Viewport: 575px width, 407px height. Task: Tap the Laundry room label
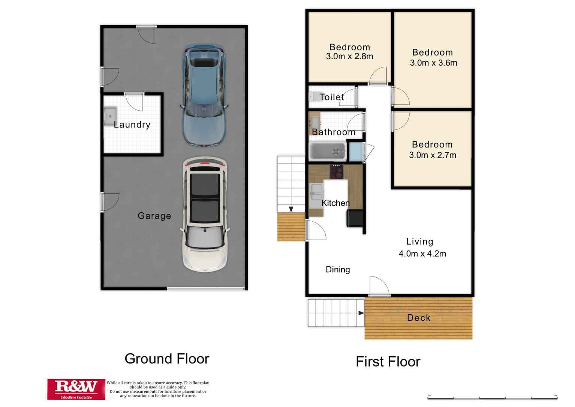point(132,125)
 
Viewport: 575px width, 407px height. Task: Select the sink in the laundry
point(110,116)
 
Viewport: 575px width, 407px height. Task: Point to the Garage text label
point(154,216)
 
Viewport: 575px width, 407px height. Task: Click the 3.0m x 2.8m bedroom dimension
point(349,57)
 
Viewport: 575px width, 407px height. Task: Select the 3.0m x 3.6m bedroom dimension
point(433,63)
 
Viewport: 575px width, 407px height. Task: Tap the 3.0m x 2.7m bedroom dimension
point(433,155)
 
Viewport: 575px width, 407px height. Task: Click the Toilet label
point(331,97)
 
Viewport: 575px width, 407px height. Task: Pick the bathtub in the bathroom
point(327,152)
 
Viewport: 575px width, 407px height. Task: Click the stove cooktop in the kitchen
point(336,171)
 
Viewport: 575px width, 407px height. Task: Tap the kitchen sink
point(316,192)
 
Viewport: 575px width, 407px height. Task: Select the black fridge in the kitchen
point(355,218)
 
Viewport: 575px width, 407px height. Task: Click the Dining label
point(338,269)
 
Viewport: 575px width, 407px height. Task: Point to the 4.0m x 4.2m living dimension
point(422,254)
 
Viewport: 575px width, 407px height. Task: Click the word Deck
point(418,318)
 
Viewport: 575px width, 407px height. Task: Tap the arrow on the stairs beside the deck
point(361,313)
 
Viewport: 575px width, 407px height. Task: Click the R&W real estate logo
point(76,389)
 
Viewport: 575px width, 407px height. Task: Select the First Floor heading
point(388,362)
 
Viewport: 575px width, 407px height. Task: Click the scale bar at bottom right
point(492,397)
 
